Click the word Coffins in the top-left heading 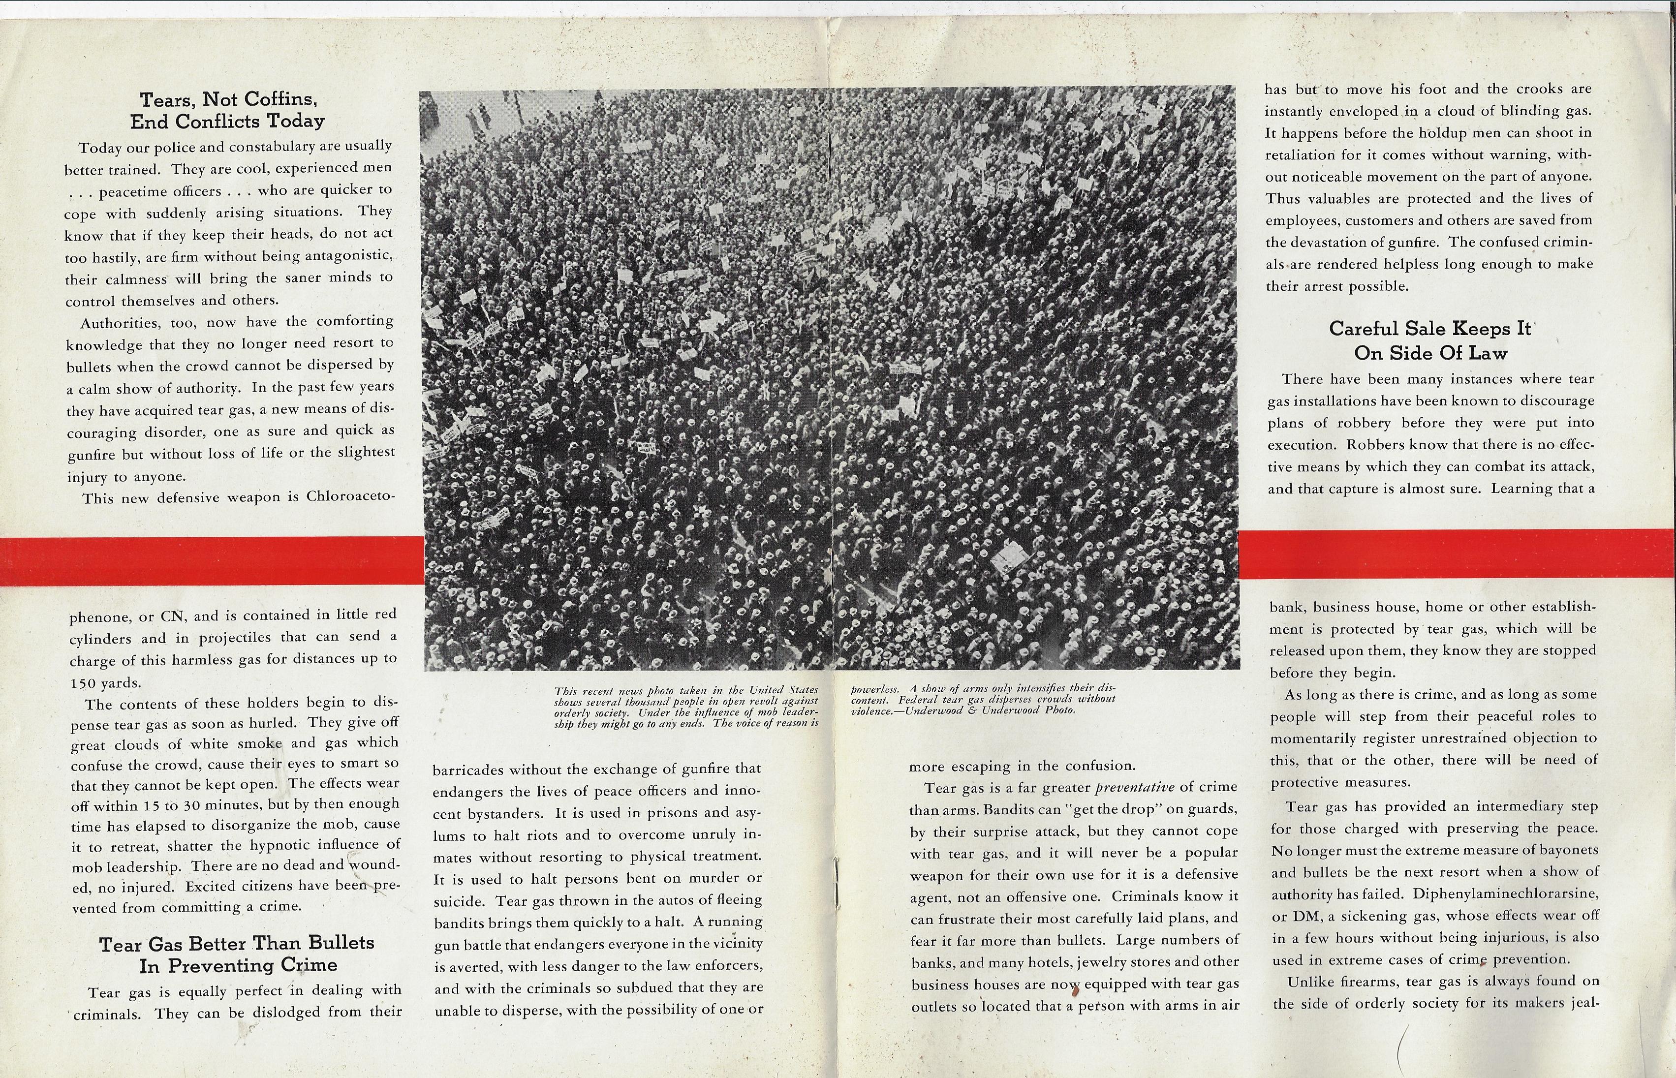279,99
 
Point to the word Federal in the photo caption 919,699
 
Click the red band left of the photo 210,561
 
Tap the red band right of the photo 1456,554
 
